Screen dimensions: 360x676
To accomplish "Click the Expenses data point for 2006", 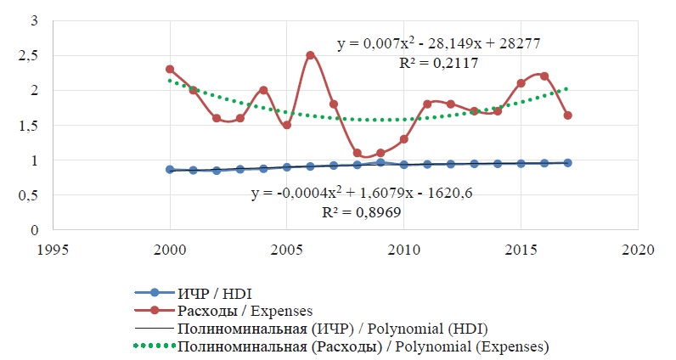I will pos(310,55).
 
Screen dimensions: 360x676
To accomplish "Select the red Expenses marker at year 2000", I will pos(170,70).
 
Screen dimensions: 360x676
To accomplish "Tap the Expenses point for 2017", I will pos(567,115).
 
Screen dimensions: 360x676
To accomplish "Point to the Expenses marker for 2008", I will pos(357,153).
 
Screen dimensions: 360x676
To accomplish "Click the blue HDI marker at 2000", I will pos(170,170).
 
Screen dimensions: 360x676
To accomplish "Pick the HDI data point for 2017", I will pos(567,162).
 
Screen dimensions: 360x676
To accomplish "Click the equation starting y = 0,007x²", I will pos(438,42).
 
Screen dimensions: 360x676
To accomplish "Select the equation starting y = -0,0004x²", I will pos(362,194).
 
